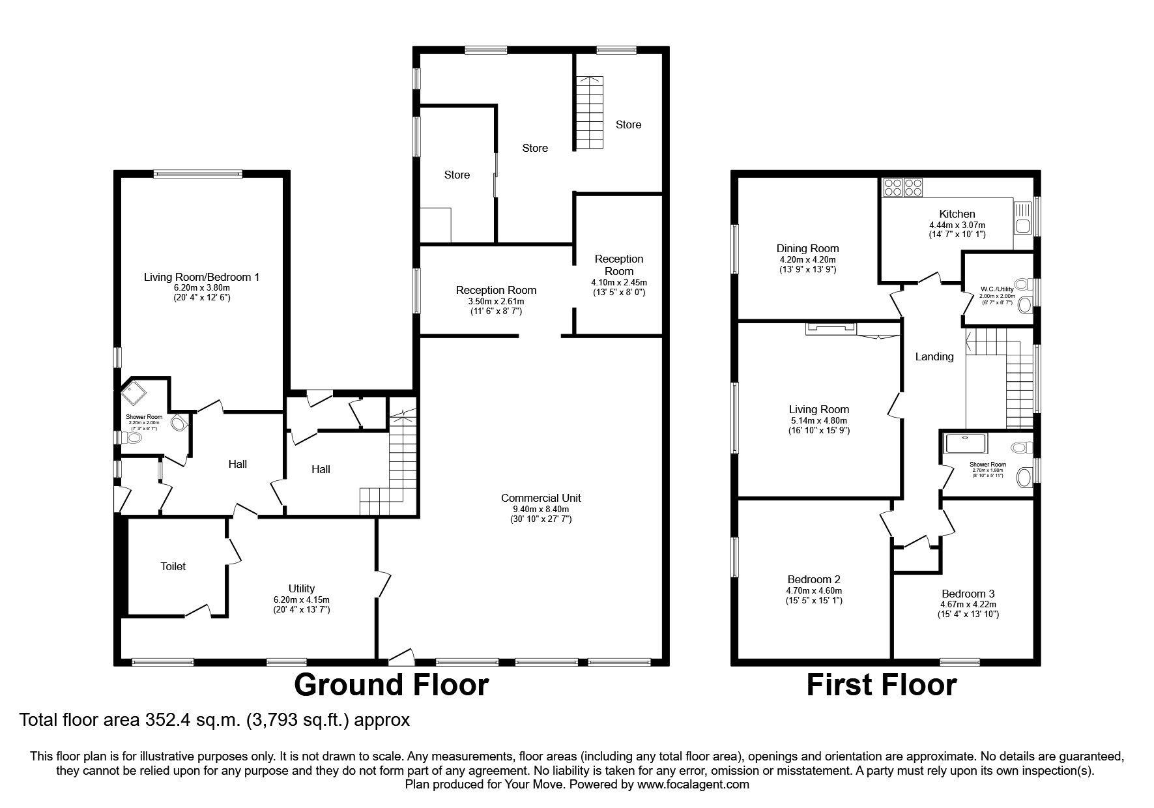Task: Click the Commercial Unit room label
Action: click(540, 498)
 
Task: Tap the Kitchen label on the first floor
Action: click(957, 214)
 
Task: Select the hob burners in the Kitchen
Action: click(902, 188)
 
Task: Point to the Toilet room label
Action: click(173, 566)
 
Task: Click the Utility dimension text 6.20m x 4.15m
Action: click(302, 599)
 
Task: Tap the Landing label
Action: click(934, 356)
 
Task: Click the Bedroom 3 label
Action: click(968, 594)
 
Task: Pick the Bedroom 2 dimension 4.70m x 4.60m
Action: click(813, 590)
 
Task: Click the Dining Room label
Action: click(807, 248)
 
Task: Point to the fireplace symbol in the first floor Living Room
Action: click(829, 328)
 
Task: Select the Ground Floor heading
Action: click(391, 685)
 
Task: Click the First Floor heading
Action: click(881, 685)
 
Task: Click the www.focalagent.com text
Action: click(693, 785)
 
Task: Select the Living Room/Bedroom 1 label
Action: click(201, 277)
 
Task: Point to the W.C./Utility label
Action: click(998, 289)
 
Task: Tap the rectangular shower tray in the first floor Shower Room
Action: click(966, 443)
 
